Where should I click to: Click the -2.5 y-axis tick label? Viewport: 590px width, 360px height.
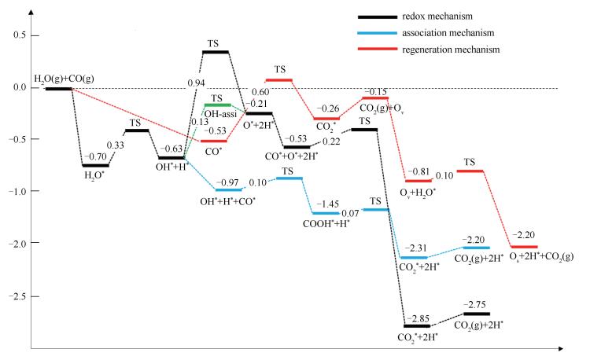[x=14, y=296]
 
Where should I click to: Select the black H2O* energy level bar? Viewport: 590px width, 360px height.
[x=96, y=165]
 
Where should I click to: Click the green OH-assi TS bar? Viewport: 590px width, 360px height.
[x=216, y=105]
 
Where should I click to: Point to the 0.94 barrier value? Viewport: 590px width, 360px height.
[x=197, y=82]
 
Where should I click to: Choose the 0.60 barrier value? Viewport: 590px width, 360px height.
[x=260, y=93]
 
